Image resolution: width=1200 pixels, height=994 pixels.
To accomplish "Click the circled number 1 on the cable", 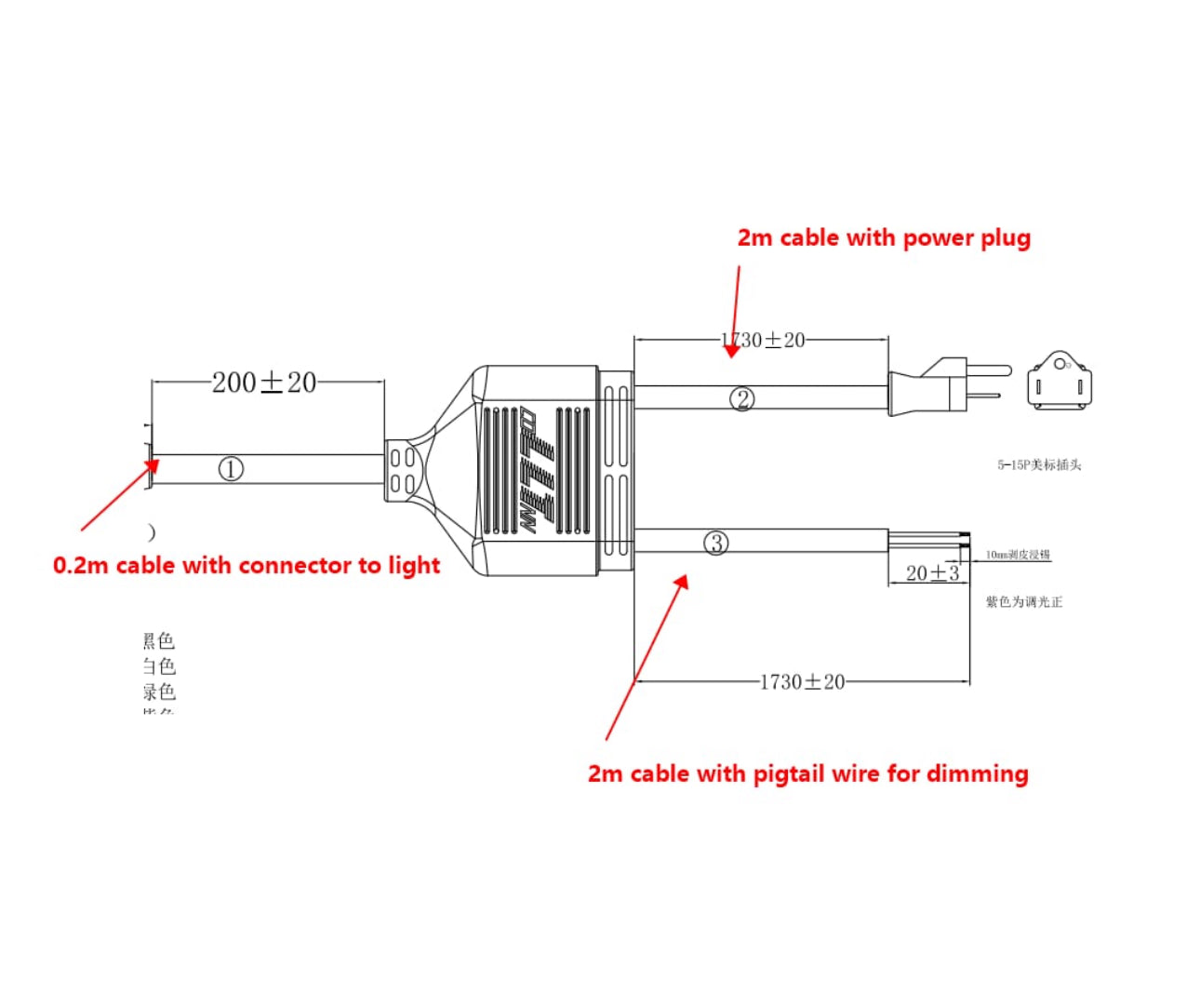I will (231, 469).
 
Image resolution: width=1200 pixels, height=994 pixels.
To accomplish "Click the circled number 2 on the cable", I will (741, 399).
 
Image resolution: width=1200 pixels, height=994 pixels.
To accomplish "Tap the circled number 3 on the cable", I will (716, 543).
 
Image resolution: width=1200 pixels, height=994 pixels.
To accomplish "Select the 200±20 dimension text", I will (264, 383).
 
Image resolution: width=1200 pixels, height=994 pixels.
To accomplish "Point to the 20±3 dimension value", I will (932, 573).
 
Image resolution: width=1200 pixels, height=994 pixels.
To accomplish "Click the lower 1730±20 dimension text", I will (802, 682).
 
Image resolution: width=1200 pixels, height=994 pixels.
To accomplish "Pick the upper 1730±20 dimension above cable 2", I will (764, 341).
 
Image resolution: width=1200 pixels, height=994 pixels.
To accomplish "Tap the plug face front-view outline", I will (1060, 382).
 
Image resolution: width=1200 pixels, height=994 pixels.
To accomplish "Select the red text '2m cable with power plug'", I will (884, 238).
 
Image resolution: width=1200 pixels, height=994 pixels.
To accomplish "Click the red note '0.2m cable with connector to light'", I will (247, 566).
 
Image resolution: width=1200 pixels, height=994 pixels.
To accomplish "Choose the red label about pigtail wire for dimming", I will (807, 774).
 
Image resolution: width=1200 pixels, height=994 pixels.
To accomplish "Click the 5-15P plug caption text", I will (1039, 464).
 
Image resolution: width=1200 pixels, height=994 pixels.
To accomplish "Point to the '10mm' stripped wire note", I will (1018, 555).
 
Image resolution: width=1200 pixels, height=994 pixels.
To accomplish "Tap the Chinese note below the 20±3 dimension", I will (1023, 602).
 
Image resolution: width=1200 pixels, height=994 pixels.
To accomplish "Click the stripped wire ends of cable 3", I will (930, 540).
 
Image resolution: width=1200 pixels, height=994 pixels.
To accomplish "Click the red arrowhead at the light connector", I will (149, 466).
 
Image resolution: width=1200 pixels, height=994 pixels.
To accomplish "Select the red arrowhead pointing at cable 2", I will (732, 349).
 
